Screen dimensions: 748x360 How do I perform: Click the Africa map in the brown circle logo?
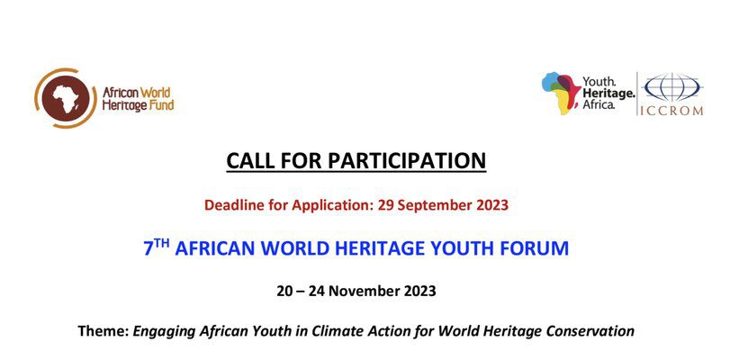point(66,98)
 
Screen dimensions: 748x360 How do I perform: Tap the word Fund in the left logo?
point(162,105)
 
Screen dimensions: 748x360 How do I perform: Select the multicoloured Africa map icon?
point(561,94)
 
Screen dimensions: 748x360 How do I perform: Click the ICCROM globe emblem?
point(671,87)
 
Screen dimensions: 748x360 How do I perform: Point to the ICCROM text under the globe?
point(671,111)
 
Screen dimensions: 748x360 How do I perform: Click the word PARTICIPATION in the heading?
point(407,161)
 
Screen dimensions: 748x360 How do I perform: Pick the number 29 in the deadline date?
point(384,205)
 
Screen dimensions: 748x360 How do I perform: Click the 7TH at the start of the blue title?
point(157,247)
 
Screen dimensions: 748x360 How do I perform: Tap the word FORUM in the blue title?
point(540,248)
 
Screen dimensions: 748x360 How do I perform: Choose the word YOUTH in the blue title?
point(476,248)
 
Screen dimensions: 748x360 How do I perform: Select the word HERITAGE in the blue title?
point(398,248)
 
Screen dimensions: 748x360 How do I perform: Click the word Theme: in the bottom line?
point(104,331)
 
